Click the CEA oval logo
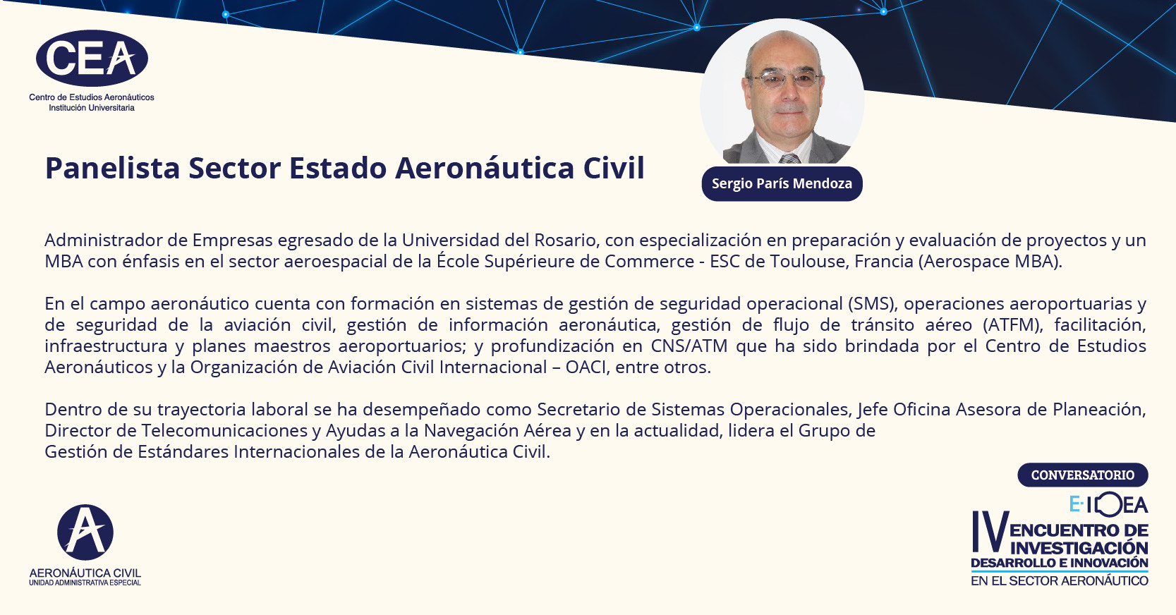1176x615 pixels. [x=92, y=59]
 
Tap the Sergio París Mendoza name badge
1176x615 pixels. [x=782, y=183]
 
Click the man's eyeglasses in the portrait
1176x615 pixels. [x=786, y=80]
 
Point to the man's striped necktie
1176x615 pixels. [x=789, y=159]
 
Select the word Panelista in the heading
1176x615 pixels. [x=112, y=168]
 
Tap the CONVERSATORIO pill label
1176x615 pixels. [x=1083, y=475]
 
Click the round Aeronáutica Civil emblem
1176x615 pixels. [x=85, y=532]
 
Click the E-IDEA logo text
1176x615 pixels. [x=1108, y=504]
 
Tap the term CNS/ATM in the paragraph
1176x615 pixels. [x=689, y=346]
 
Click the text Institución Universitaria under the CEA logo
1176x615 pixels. [x=92, y=108]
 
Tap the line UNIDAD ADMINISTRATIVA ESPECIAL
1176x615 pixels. [x=85, y=583]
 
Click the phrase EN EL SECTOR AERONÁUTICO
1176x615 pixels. [x=1060, y=581]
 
